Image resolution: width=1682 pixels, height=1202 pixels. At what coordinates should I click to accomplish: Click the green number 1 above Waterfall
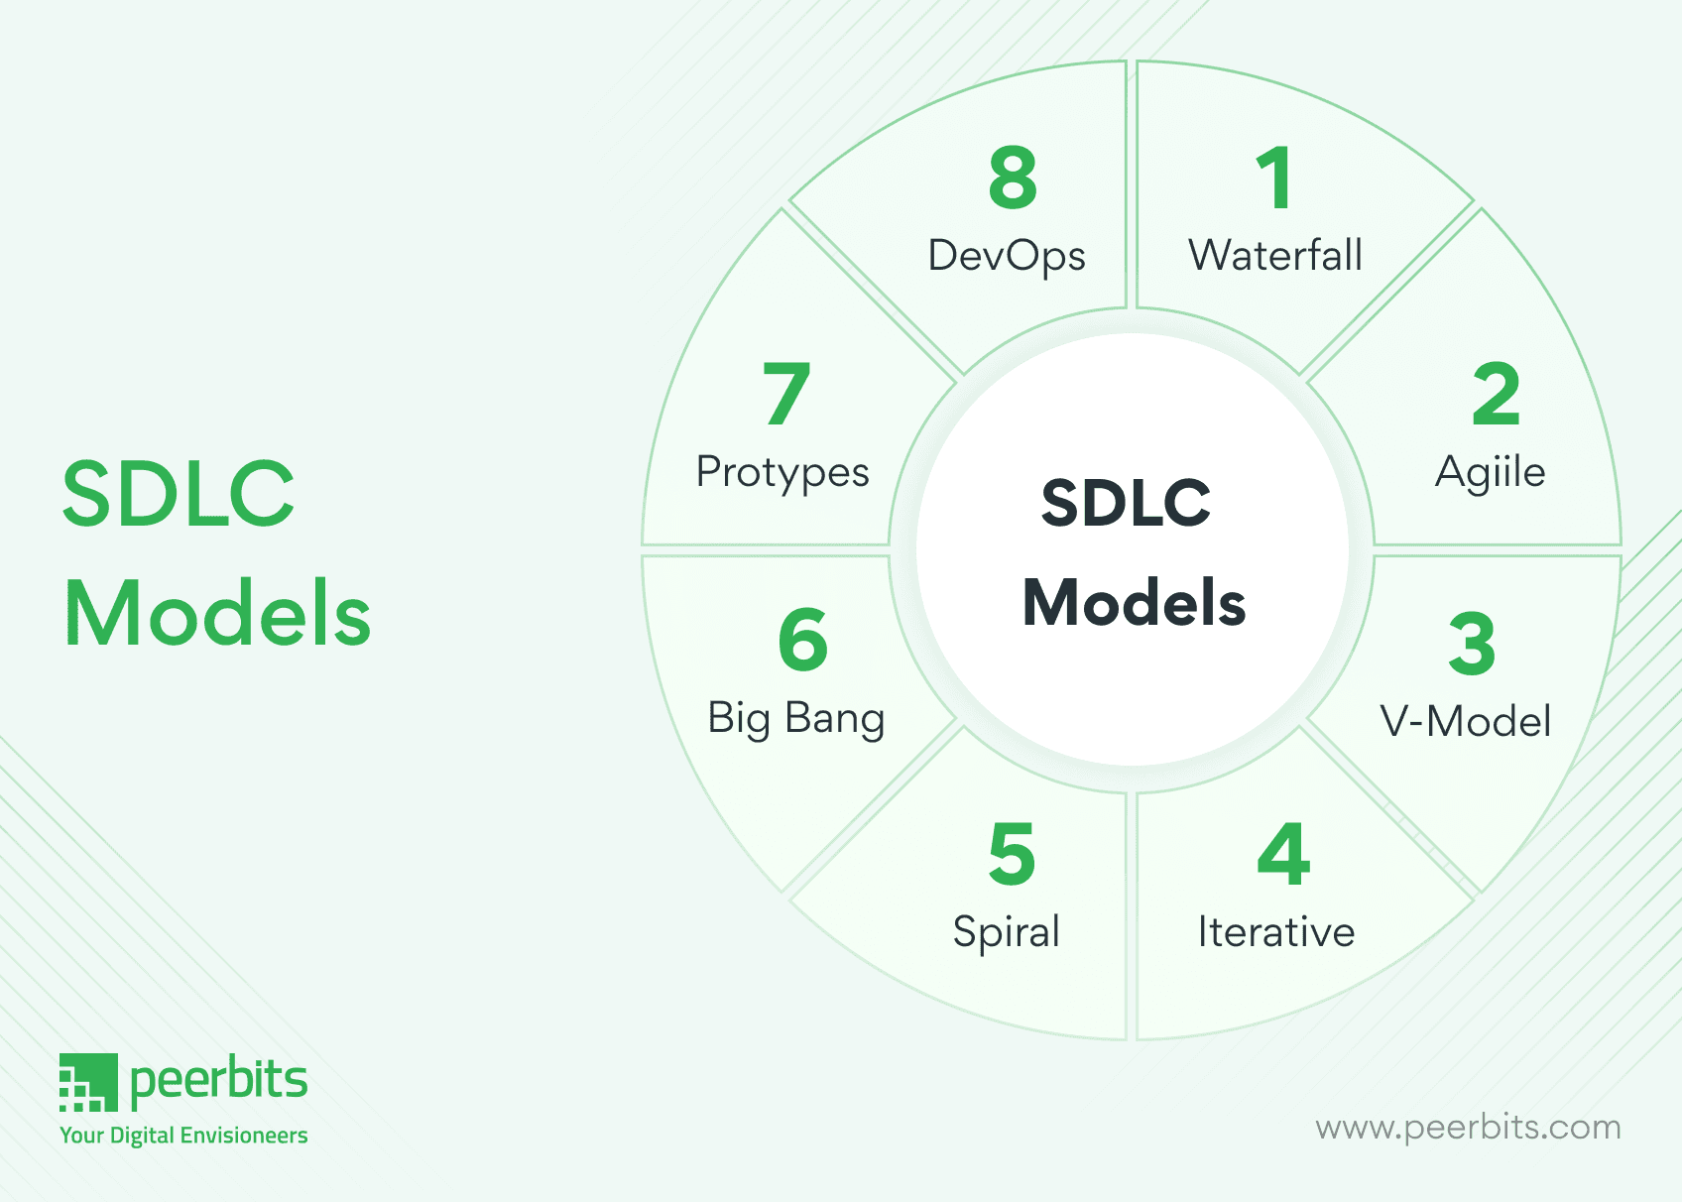(x=1274, y=179)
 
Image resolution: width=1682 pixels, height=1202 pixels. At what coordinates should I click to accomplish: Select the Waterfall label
(x=1275, y=256)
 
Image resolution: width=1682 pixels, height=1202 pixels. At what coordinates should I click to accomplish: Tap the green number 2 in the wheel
(x=1496, y=395)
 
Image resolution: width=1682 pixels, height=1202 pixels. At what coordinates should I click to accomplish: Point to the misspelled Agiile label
(x=1490, y=472)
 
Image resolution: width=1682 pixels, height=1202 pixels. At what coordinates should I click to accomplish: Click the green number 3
(x=1472, y=645)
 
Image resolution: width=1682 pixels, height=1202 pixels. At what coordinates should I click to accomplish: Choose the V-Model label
(x=1466, y=722)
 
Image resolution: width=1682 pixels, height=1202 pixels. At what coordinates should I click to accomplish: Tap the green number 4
(x=1283, y=854)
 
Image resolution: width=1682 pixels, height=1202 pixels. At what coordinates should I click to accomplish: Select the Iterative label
(x=1276, y=932)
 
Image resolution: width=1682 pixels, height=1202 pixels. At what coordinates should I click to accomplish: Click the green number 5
(x=1012, y=854)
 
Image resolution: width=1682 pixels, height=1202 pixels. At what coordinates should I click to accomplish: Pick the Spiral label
(x=1007, y=932)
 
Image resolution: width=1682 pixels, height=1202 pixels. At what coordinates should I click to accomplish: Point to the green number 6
(x=803, y=640)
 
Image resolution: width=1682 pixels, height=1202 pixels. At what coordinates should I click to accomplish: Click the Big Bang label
(x=795, y=718)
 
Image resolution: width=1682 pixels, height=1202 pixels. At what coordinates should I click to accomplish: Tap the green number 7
(x=786, y=395)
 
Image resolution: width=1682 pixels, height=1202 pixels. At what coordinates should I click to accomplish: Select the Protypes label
(x=782, y=473)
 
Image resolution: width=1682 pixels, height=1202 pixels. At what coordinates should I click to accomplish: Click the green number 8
(x=1013, y=179)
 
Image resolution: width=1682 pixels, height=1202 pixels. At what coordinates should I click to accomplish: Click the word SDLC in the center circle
(x=1127, y=503)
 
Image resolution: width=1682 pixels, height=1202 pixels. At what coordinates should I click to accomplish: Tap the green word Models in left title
(x=217, y=614)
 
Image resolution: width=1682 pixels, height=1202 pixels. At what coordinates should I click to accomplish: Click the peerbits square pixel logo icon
(x=88, y=1082)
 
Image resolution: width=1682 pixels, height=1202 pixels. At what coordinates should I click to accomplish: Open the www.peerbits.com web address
(x=1468, y=1128)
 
